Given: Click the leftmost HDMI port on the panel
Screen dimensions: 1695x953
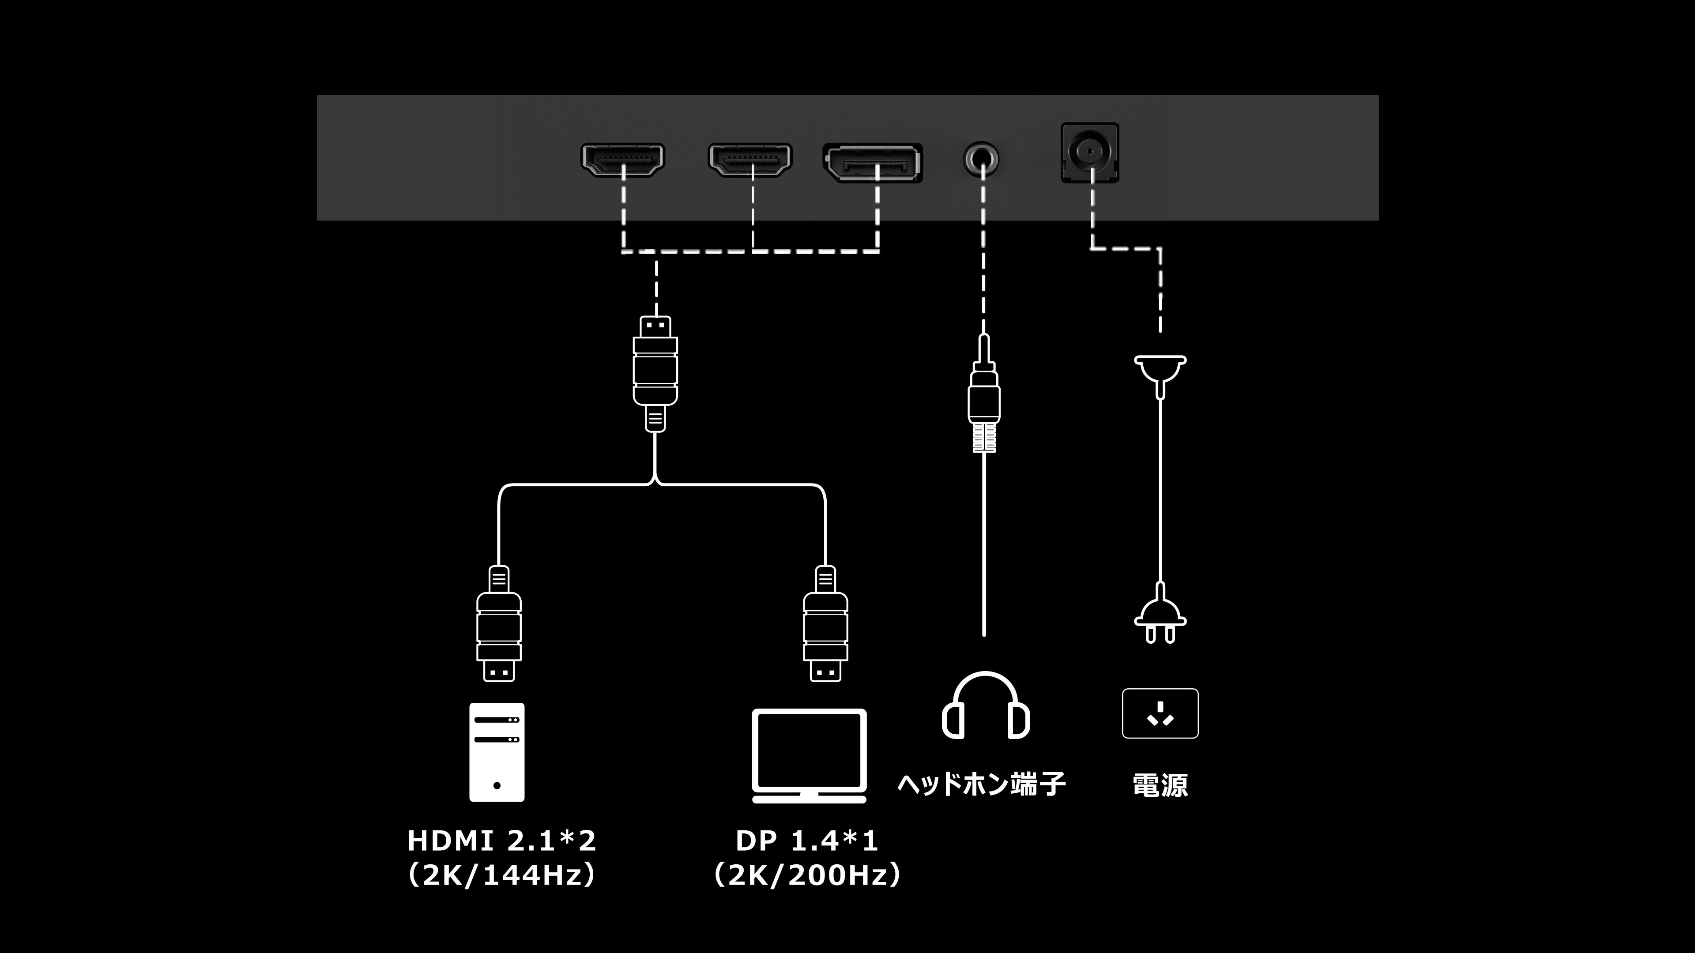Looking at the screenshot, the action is (622, 160).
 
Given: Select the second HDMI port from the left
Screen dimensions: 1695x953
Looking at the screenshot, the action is (750, 160).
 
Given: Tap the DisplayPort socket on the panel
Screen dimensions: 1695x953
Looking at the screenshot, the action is (873, 162).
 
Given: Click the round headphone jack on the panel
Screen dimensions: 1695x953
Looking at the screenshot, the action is (981, 159).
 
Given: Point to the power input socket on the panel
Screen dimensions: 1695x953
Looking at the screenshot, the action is (1090, 153).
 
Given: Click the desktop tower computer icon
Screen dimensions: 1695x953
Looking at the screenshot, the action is (497, 752).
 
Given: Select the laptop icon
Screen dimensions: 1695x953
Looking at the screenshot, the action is (809, 756).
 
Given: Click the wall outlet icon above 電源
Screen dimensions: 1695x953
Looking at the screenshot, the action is (1160, 713).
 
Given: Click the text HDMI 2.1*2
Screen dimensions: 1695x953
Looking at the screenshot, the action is (502, 840).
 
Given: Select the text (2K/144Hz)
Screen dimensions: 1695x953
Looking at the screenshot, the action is (502, 875).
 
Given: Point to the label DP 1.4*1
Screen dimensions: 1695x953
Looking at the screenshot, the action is (807, 840).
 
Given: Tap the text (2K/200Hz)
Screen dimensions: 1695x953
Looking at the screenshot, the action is (807, 875).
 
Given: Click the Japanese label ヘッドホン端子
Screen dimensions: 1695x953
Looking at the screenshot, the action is (982, 784).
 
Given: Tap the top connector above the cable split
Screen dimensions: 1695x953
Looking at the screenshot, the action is (655, 374).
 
